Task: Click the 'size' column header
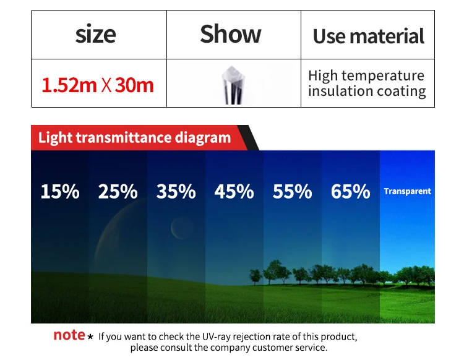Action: pos(95,34)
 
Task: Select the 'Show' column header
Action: pos(231,34)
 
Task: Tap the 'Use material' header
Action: pos(369,36)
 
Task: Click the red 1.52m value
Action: pos(69,85)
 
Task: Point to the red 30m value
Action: pos(134,85)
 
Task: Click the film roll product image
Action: pos(233,85)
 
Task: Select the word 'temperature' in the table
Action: pos(382,75)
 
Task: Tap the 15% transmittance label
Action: pos(60,191)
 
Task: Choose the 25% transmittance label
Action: pos(118,191)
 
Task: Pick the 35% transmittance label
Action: pos(176,191)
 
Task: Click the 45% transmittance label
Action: pos(234,191)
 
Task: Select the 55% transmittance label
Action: pos(293,191)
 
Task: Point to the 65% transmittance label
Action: pos(350,191)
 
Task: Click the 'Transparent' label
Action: pos(407,191)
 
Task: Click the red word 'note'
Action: pos(69,335)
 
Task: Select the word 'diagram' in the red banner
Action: pos(203,138)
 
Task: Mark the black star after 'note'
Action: pos(90,336)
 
